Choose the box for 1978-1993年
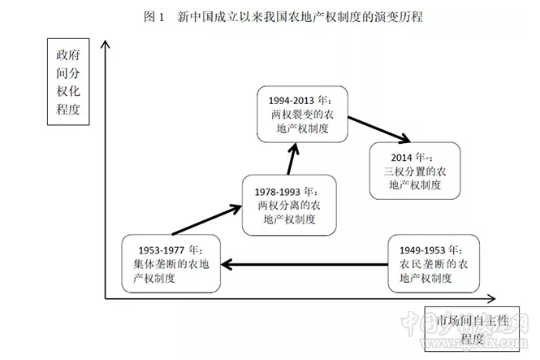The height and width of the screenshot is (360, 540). (x=287, y=204)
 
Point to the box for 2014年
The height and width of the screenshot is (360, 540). (x=415, y=171)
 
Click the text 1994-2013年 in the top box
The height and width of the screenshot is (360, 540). (x=299, y=100)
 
